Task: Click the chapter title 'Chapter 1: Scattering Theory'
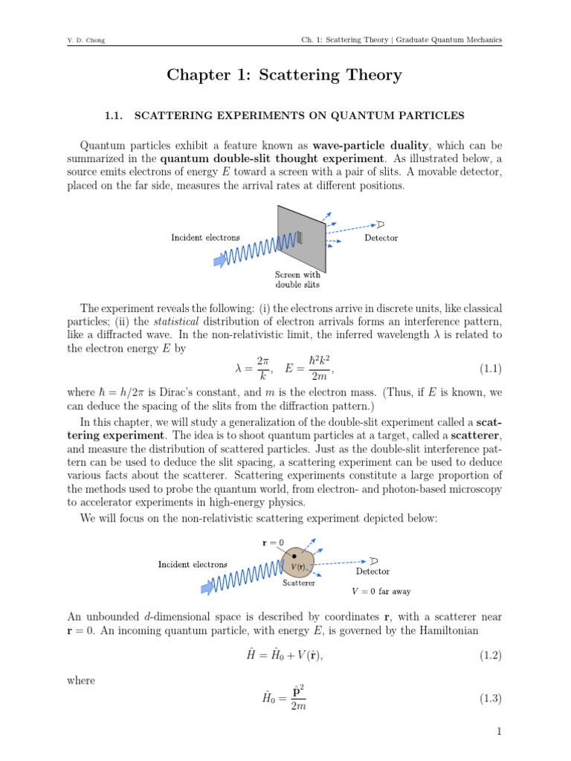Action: [x=285, y=75]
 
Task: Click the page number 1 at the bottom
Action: [x=500, y=733]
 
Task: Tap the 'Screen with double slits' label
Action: [x=297, y=279]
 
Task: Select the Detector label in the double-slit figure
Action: [x=381, y=238]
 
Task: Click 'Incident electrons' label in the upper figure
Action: [x=205, y=238]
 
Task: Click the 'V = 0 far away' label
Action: [x=381, y=592]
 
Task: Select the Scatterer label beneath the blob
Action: [x=298, y=583]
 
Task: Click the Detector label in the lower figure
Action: [x=372, y=571]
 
